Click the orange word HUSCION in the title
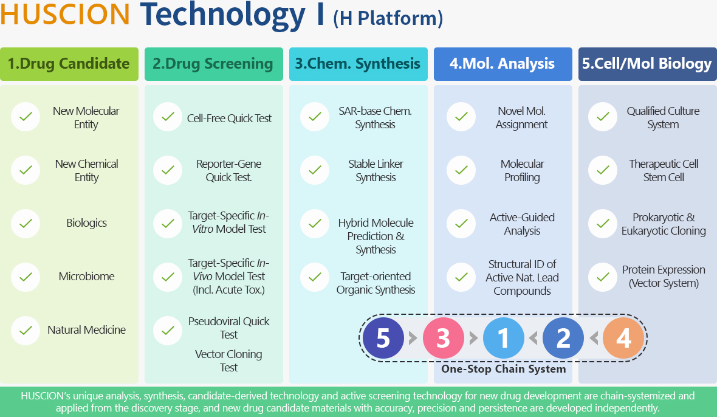click(65, 15)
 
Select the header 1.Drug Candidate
click(69, 64)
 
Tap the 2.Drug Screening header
click(213, 64)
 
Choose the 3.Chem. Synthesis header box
click(358, 64)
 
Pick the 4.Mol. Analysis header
click(503, 64)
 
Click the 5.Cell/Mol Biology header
click(648, 64)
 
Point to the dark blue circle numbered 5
click(383, 338)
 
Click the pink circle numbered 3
click(443, 338)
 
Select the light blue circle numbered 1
click(504, 338)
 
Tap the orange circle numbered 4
click(623, 338)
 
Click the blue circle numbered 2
click(563, 338)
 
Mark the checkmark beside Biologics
click(26, 224)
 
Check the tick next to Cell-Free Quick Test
click(168, 117)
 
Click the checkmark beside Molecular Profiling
click(461, 170)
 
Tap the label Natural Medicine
click(86, 329)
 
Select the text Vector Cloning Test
click(228, 360)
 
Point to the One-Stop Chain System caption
click(504, 369)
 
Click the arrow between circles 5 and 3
click(413, 339)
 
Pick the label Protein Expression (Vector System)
click(664, 276)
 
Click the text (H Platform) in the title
click(388, 18)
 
